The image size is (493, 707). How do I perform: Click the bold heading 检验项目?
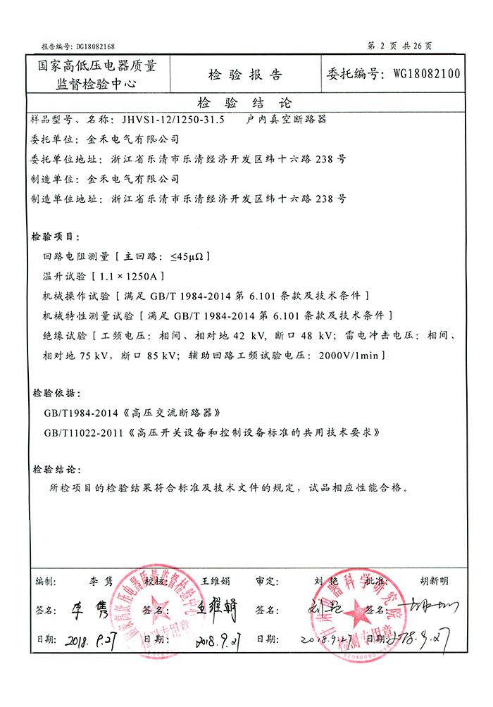click(56, 236)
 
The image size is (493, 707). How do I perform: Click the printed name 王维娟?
click(216, 581)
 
